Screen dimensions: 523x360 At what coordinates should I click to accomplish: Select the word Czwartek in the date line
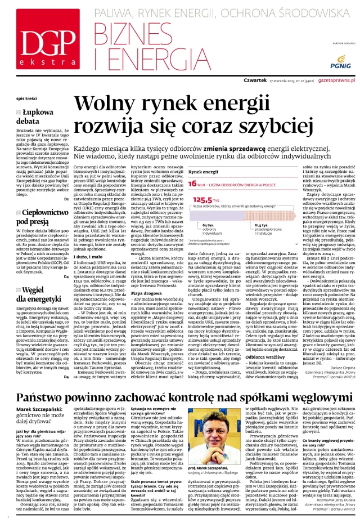pyautogui.click(x=255, y=81)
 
